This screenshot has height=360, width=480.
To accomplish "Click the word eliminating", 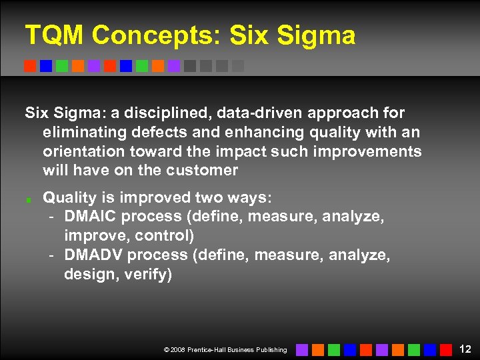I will [x=81, y=133].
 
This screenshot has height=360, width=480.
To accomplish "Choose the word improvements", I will [x=361, y=151].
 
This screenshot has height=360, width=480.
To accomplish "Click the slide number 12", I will [x=465, y=349].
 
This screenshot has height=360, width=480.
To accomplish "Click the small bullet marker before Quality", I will [x=29, y=199].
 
